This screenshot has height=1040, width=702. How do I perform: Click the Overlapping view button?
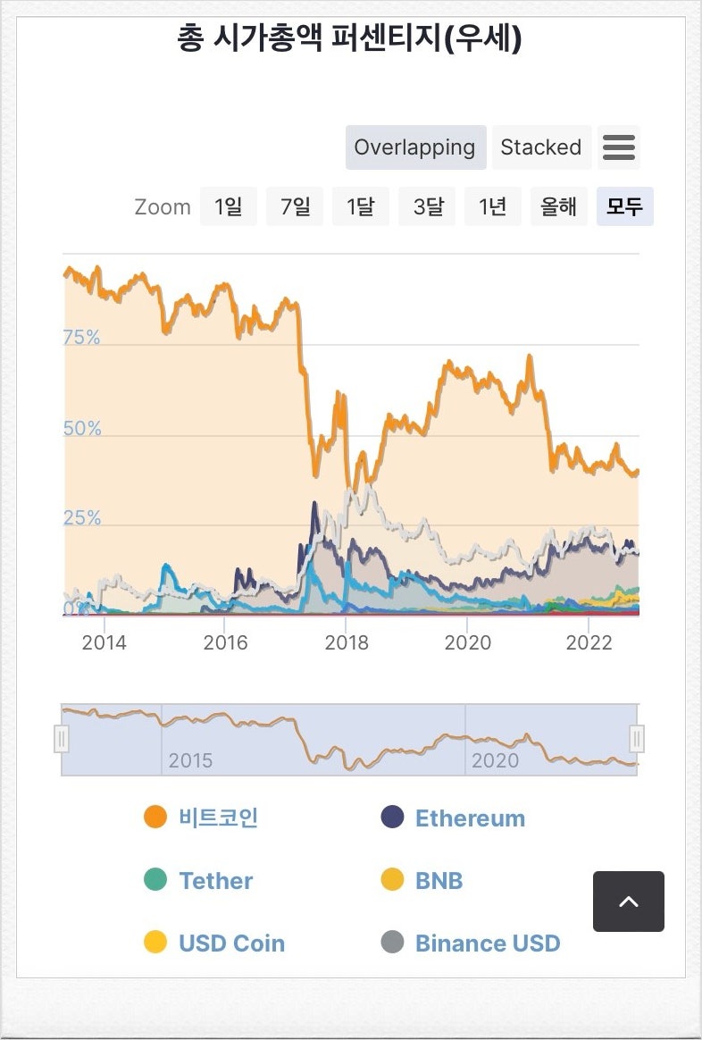click(415, 147)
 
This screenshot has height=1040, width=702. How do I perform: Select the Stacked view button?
click(540, 147)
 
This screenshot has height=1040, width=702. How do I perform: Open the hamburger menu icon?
click(619, 147)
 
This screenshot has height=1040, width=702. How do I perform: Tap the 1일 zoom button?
click(228, 206)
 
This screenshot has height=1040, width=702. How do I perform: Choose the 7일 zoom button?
click(295, 206)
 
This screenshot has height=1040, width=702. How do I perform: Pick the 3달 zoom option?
click(428, 206)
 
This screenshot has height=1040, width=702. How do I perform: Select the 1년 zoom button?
click(493, 206)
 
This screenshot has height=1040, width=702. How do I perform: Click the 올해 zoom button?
click(559, 206)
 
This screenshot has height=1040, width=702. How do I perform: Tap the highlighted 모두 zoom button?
click(625, 206)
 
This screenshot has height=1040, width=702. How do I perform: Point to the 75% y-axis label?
click(81, 338)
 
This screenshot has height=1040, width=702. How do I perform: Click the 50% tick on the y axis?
click(82, 429)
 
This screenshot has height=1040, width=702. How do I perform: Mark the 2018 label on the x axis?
click(347, 642)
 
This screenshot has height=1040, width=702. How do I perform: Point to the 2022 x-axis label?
click(589, 642)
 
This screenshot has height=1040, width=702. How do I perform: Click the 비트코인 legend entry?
click(218, 818)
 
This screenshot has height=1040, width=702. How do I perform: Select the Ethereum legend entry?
click(470, 818)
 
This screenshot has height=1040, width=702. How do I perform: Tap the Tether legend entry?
click(215, 881)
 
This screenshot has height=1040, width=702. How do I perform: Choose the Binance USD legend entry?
click(488, 944)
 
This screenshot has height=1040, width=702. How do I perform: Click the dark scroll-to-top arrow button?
click(629, 902)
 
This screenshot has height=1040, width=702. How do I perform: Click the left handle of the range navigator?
click(62, 739)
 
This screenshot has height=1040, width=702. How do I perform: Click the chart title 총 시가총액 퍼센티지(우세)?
click(349, 38)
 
